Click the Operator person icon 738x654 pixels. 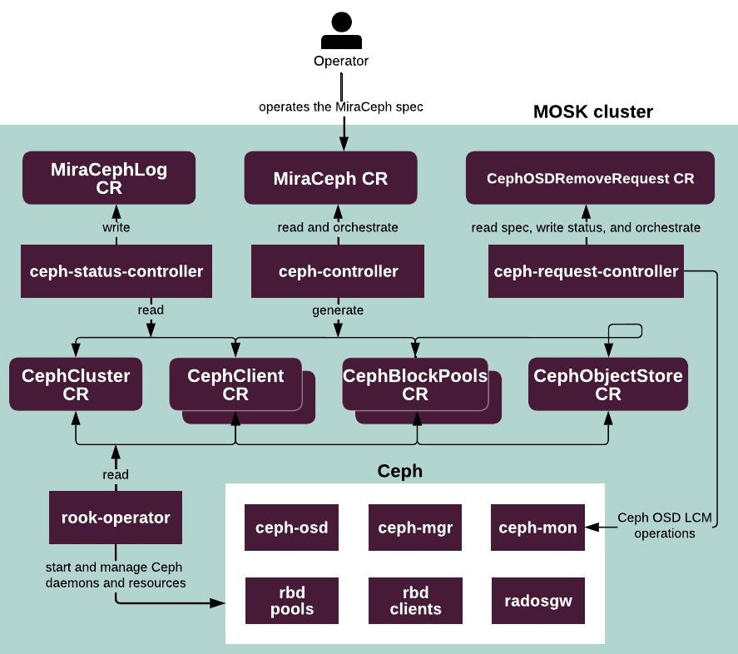coord(340,32)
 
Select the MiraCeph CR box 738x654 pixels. coord(330,178)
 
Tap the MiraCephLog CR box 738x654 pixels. coord(109,178)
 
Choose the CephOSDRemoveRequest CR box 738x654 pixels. coord(590,178)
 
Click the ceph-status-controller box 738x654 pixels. coord(116,271)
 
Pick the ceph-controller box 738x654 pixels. coord(338,271)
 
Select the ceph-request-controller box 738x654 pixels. coord(586,271)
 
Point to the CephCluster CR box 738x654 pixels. coord(76,384)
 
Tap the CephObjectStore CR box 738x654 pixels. coord(607,384)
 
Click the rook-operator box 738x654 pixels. coord(116,518)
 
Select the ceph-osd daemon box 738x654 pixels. coord(291,528)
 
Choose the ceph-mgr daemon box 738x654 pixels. coord(415,528)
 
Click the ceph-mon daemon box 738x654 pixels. coord(537,528)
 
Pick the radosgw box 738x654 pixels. coord(537,601)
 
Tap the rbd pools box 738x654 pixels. coord(291,601)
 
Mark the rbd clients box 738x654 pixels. coord(415,601)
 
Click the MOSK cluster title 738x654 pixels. coord(592,111)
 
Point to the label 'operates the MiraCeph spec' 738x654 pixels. coord(341,107)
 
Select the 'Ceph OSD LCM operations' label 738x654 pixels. coord(664,525)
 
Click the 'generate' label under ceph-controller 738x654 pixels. coord(338,310)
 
